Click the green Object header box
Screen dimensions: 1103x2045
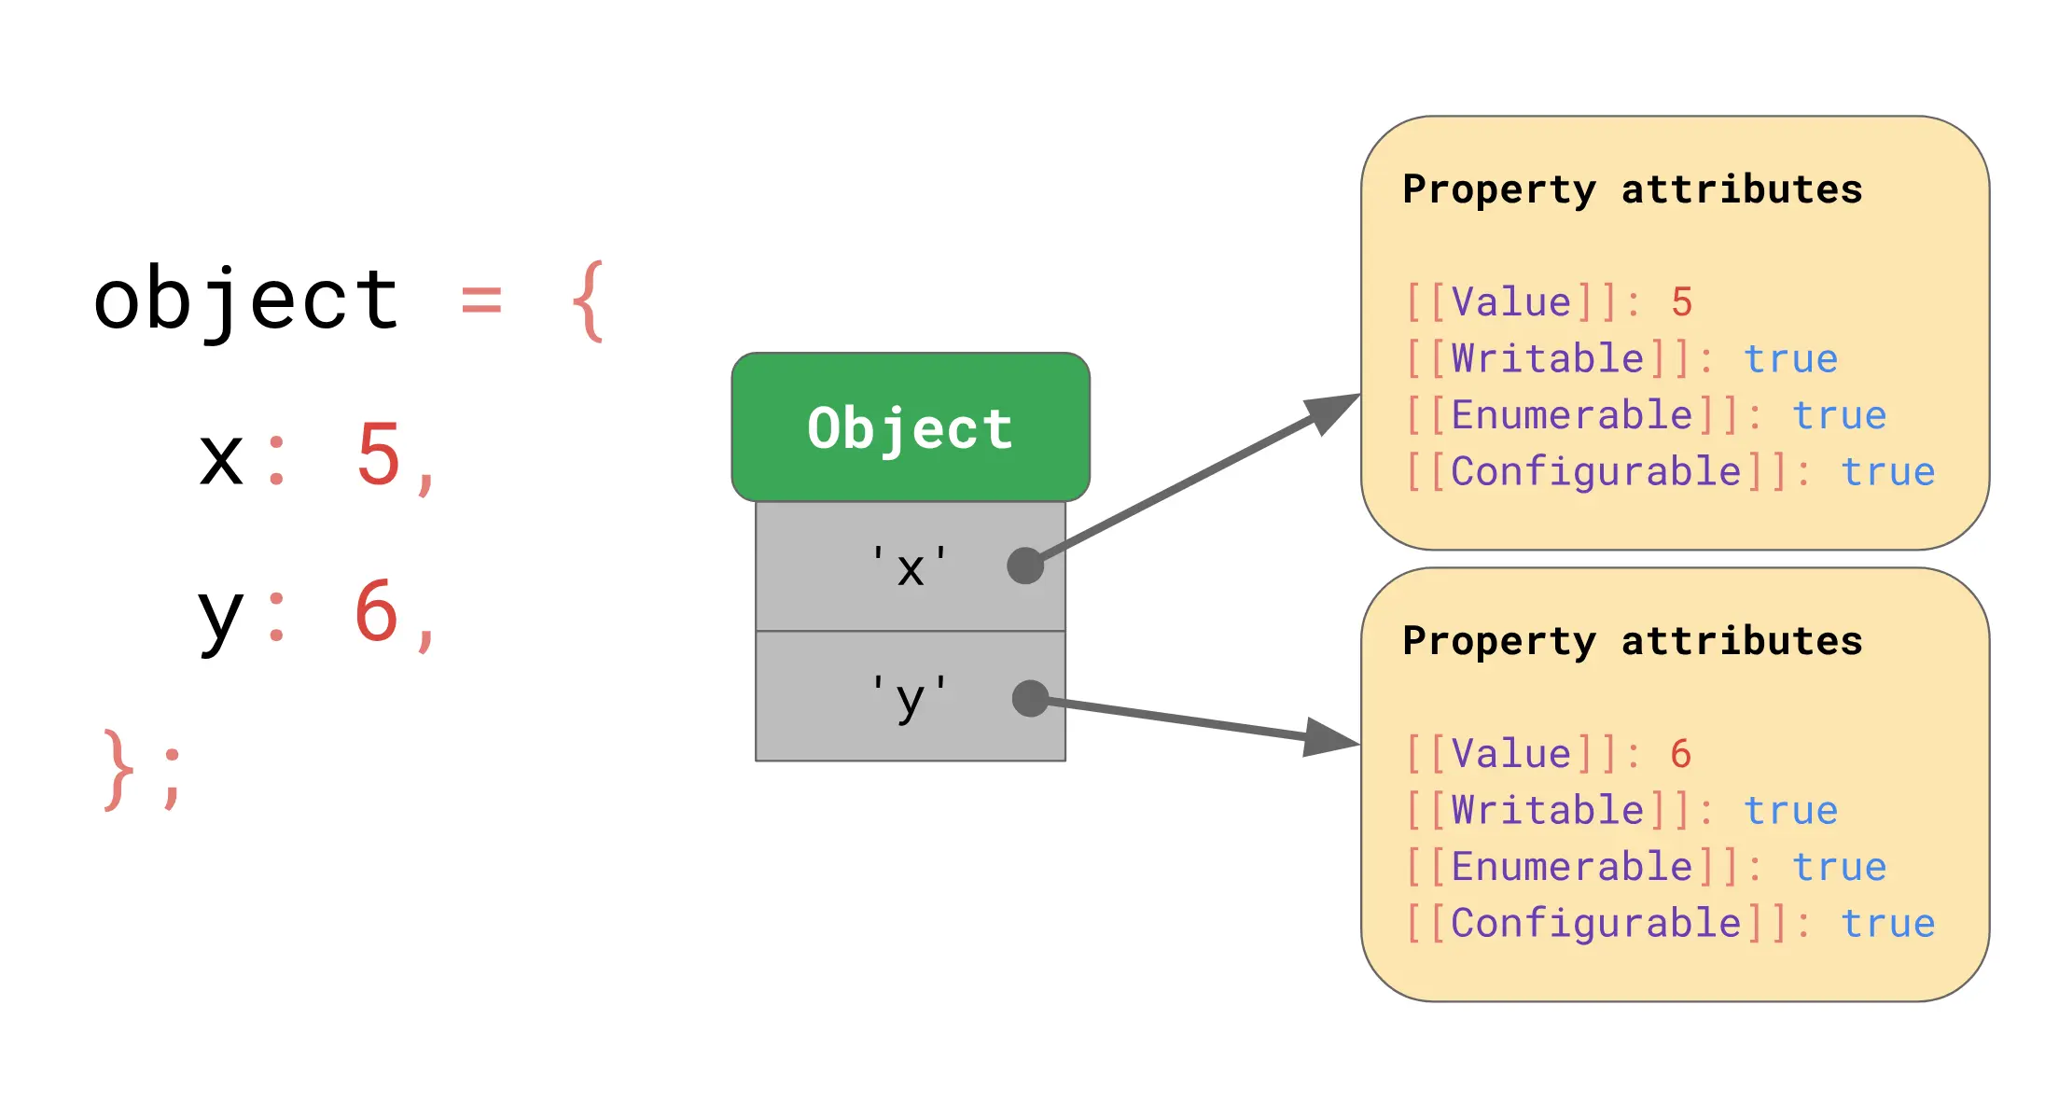911,427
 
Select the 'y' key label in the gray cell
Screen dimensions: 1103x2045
910,698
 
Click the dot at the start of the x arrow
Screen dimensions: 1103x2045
1025,565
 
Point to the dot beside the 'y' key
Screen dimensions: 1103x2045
1030,698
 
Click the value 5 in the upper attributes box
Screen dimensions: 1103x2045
1681,302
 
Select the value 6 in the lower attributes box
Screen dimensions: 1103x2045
1681,754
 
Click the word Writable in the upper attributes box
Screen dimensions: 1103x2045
1548,359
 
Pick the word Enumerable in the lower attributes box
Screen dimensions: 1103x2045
1572,867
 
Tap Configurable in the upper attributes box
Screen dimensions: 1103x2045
1596,472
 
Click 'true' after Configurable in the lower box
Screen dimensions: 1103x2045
1887,924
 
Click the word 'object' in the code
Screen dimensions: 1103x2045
247,300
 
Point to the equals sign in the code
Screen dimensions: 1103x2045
481,300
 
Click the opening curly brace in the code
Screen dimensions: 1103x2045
588,300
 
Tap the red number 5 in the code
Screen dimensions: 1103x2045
378,455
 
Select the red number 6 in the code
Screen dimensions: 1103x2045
377,612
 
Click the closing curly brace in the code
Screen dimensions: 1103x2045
118,770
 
